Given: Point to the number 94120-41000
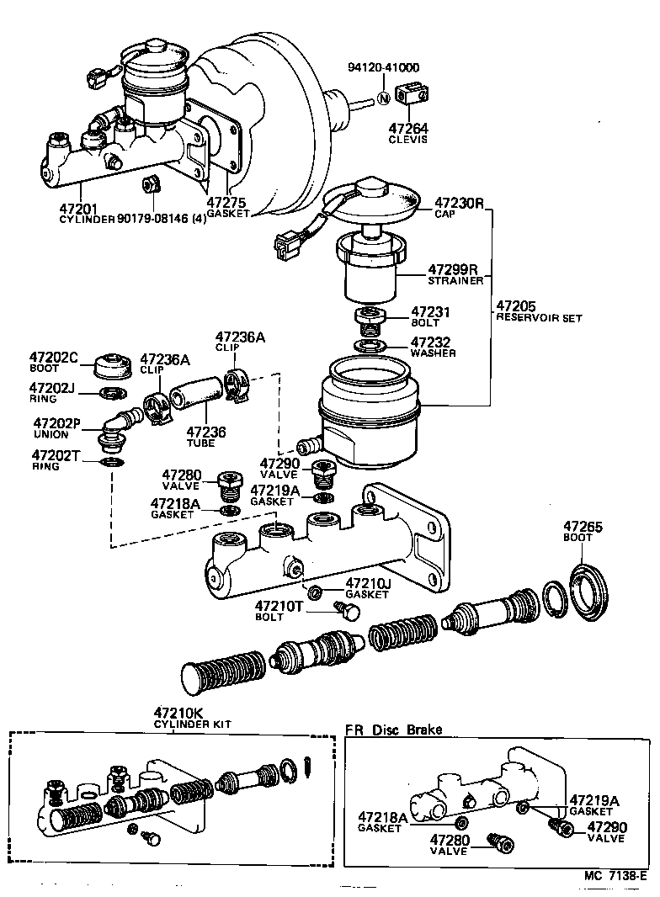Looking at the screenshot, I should (385, 68).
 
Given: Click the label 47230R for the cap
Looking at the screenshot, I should (459, 203).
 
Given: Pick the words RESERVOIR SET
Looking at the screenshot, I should (539, 318).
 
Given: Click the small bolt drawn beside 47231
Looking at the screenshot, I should (370, 319).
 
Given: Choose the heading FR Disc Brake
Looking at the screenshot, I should (394, 730).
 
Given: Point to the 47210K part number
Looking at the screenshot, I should (178, 713).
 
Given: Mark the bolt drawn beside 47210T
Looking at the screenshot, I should (344, 608).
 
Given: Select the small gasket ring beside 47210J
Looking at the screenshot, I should (313, 592).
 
